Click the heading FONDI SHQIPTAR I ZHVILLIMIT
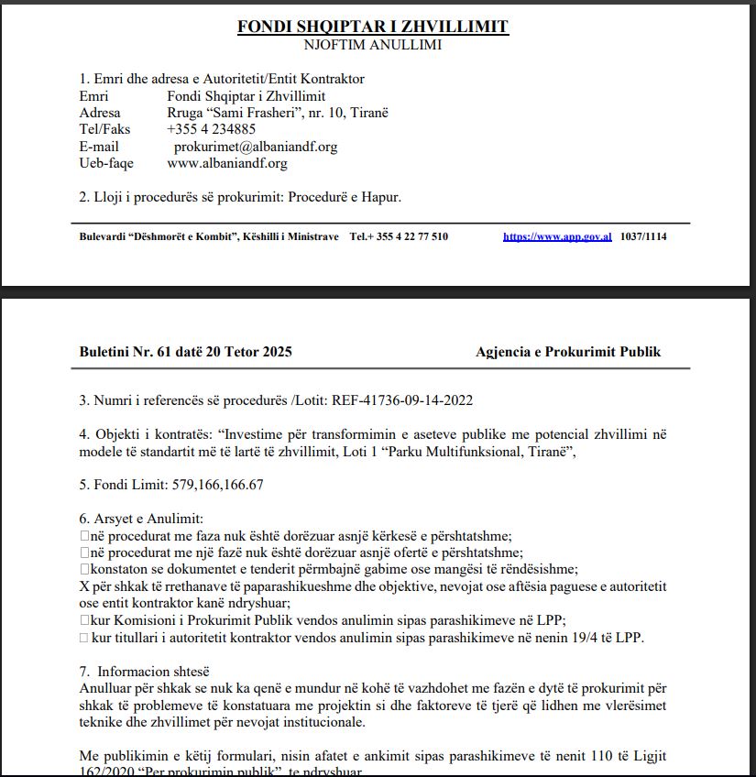[x=372, y=27]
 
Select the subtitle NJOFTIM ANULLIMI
[x=372, y=44]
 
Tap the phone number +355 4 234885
[x=211, y=129]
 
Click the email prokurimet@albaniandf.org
[x=256, y=147]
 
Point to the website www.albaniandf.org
[x=227, y=163]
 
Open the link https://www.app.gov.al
[x=557, y=236]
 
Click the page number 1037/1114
[x=643, y=236]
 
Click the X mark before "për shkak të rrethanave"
[x=84, y=585]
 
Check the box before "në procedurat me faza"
[x=84, y=536]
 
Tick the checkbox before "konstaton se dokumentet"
[x=84, y=569]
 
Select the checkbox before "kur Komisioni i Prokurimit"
[x=84, y=618]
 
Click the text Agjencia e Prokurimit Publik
[x=568, y=352]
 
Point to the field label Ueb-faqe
[x=106, y=163]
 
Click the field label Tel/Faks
[x=104, y=129]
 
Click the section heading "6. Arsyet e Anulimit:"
[x=142, y=519]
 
